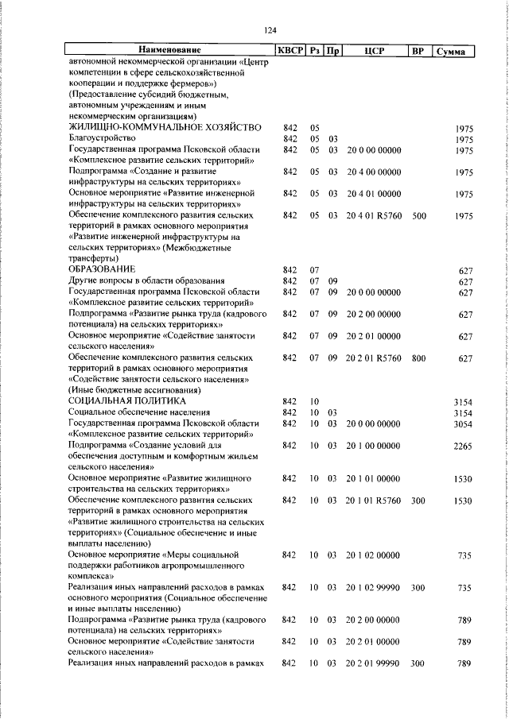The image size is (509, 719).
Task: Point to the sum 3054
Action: (x=462, y=425)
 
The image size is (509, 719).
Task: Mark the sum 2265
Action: (x=462, y=446)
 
